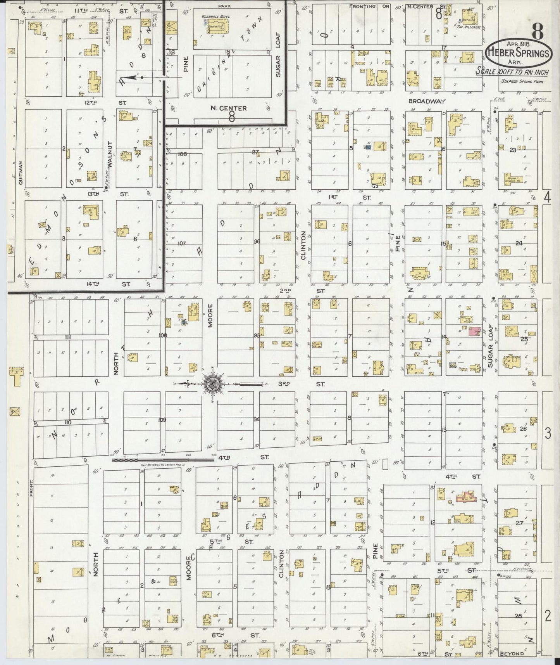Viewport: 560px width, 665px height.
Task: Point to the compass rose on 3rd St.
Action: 213,384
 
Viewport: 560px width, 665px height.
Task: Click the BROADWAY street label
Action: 424,101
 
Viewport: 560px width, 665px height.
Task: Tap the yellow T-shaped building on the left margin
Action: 16,374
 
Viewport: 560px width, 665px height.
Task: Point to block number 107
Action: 181,244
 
